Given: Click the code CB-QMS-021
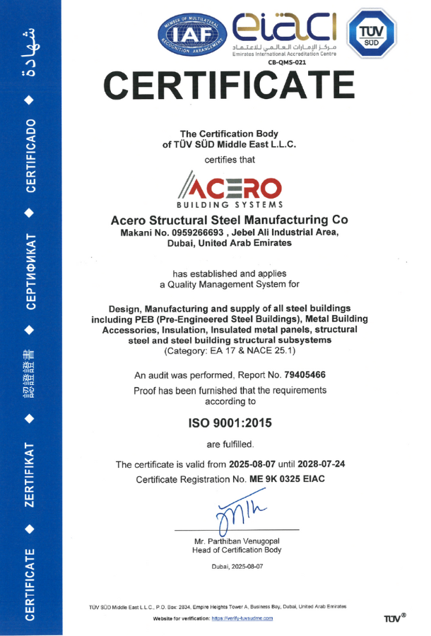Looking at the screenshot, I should point(287,62).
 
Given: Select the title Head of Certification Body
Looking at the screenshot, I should point(237,550).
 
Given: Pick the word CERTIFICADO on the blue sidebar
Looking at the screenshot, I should point(31,156).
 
